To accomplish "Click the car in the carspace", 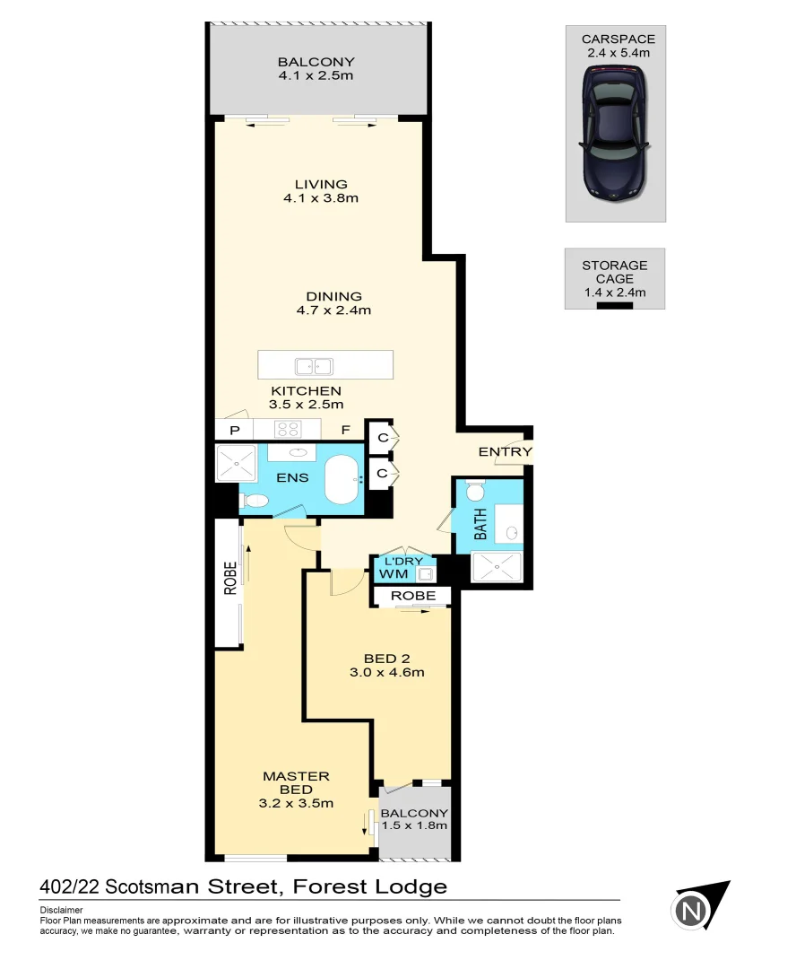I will (615, 135).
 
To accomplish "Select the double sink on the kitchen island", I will (314, 365).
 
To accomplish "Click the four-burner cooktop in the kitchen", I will (286, 430).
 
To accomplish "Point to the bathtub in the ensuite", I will (341, 479).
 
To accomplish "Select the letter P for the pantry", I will (235, 431).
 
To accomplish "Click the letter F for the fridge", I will (344, 431).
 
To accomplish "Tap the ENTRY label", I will (505, 451).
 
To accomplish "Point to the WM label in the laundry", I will (392, 573).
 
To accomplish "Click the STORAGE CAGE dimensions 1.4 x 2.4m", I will (614, 292).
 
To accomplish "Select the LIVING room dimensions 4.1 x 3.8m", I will (320, 198).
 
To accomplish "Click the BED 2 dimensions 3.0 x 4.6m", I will (386, 672).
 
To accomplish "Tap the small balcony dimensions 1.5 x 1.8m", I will (414, 826).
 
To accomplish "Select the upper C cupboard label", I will (380, 437).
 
